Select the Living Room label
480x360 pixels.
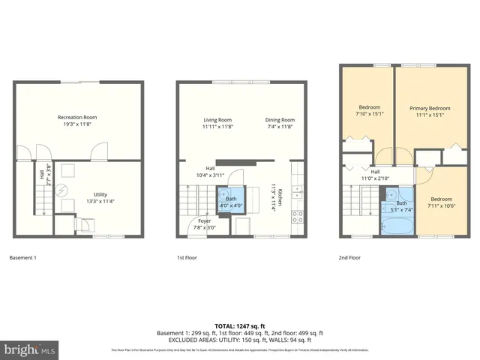217,124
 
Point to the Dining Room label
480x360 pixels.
280,124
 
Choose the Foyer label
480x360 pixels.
205,224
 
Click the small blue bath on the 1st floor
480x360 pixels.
231,199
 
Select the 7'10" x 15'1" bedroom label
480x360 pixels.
369,111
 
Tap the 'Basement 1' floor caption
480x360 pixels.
22,258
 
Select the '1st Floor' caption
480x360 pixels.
188,258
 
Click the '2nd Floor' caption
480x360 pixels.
349,258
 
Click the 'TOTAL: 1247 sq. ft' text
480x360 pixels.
240,325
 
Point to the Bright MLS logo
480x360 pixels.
29,349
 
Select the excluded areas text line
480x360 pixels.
240,340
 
